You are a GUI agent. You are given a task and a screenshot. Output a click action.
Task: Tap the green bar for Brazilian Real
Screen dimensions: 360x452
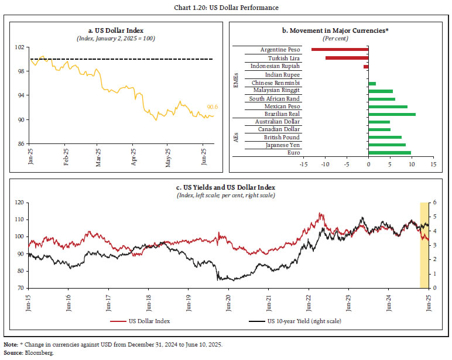(x=392, y=114)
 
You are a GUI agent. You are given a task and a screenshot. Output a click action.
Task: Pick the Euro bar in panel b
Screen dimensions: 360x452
(x=389, y=153)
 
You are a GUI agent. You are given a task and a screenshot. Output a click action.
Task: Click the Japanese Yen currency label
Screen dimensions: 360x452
(x=283, y=145)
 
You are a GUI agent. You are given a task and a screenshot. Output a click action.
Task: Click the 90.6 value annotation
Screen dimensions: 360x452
(x=213, y=107)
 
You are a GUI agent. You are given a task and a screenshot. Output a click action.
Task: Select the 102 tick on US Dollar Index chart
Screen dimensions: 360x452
(x=20, y=47)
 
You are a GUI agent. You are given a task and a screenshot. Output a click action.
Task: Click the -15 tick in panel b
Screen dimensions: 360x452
(x=303, y=164)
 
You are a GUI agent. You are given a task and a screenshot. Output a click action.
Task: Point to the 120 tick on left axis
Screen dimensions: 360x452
(x=19, y=202)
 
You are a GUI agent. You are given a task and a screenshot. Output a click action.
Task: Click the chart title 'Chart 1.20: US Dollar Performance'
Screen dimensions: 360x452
(x=225, y=7)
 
